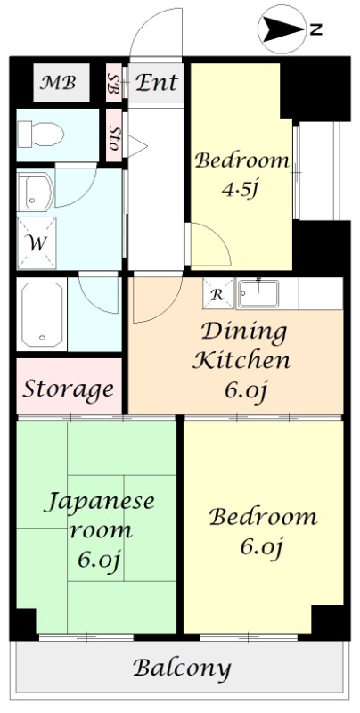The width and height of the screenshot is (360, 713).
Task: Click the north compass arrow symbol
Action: pos(283,29)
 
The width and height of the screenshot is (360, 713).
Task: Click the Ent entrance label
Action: pos(157,84)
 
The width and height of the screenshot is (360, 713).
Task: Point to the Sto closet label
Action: pos(114,135)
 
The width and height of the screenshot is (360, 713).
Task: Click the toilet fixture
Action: pos(40,135)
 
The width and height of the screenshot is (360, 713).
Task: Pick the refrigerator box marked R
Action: pos(217,292)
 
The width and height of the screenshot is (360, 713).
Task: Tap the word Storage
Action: pos(69,389)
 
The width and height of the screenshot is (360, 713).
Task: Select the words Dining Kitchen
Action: pos(243,347)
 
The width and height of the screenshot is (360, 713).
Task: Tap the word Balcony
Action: pos(182,668)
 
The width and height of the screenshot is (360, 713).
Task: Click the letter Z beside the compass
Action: pos(315,29)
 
